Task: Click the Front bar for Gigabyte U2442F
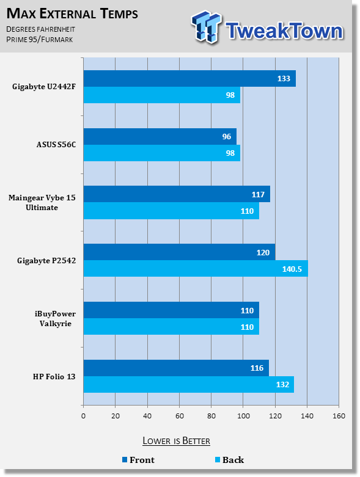pyautogui.click(x=189, y=79)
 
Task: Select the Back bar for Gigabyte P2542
pyautogui.click(x=196, y=269)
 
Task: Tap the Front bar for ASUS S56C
pyautogui.click(x=160, y=137)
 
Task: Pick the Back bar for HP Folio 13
pyautogui.click(x=189, y=385)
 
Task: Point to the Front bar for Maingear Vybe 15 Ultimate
pyautogui.click(x=177, y=194)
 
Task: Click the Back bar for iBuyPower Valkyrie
pyautogui.click(x=171, y=327)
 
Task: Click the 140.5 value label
pyautogui.click(x=292, y=269)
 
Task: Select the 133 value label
pyautogui.click(x=284, y=79)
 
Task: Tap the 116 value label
pyautogui.click(x=257, y=368)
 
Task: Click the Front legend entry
pyautogui.click(x=139, y=460)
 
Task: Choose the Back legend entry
pyautogui.click(x=229, y=460)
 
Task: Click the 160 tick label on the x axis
pyautogui.click(x=339, y=416)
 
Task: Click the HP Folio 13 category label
pyautogui.click(x=54, y=377)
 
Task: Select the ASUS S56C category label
pyautogui.click(x=56, y=145)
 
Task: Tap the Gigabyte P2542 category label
pyautogui.click(x=46, y=261)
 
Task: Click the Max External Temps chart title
pyautogui.click(x=72, y=13)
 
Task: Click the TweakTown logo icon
pyautogui.click(x=206, y=27)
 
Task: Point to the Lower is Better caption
pyautogui.click(x=177, y=441)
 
